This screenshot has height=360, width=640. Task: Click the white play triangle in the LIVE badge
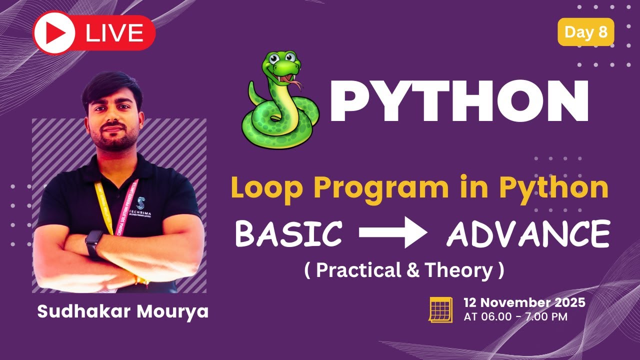[x=56, y=33]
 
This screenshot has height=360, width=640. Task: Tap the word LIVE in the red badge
[x=114, y=33]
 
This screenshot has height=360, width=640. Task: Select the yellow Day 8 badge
[x=585, y=32]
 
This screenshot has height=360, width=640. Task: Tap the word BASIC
[x=288, y=233]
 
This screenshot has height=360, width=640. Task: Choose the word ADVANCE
[x=528, y=233]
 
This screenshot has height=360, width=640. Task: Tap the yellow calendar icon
[x=440, y=309]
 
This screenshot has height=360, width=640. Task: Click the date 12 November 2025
[x=524, y=302]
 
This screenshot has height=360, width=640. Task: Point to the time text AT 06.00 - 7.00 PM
[x=515, y=317]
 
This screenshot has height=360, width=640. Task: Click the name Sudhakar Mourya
[x=122, y=311]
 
